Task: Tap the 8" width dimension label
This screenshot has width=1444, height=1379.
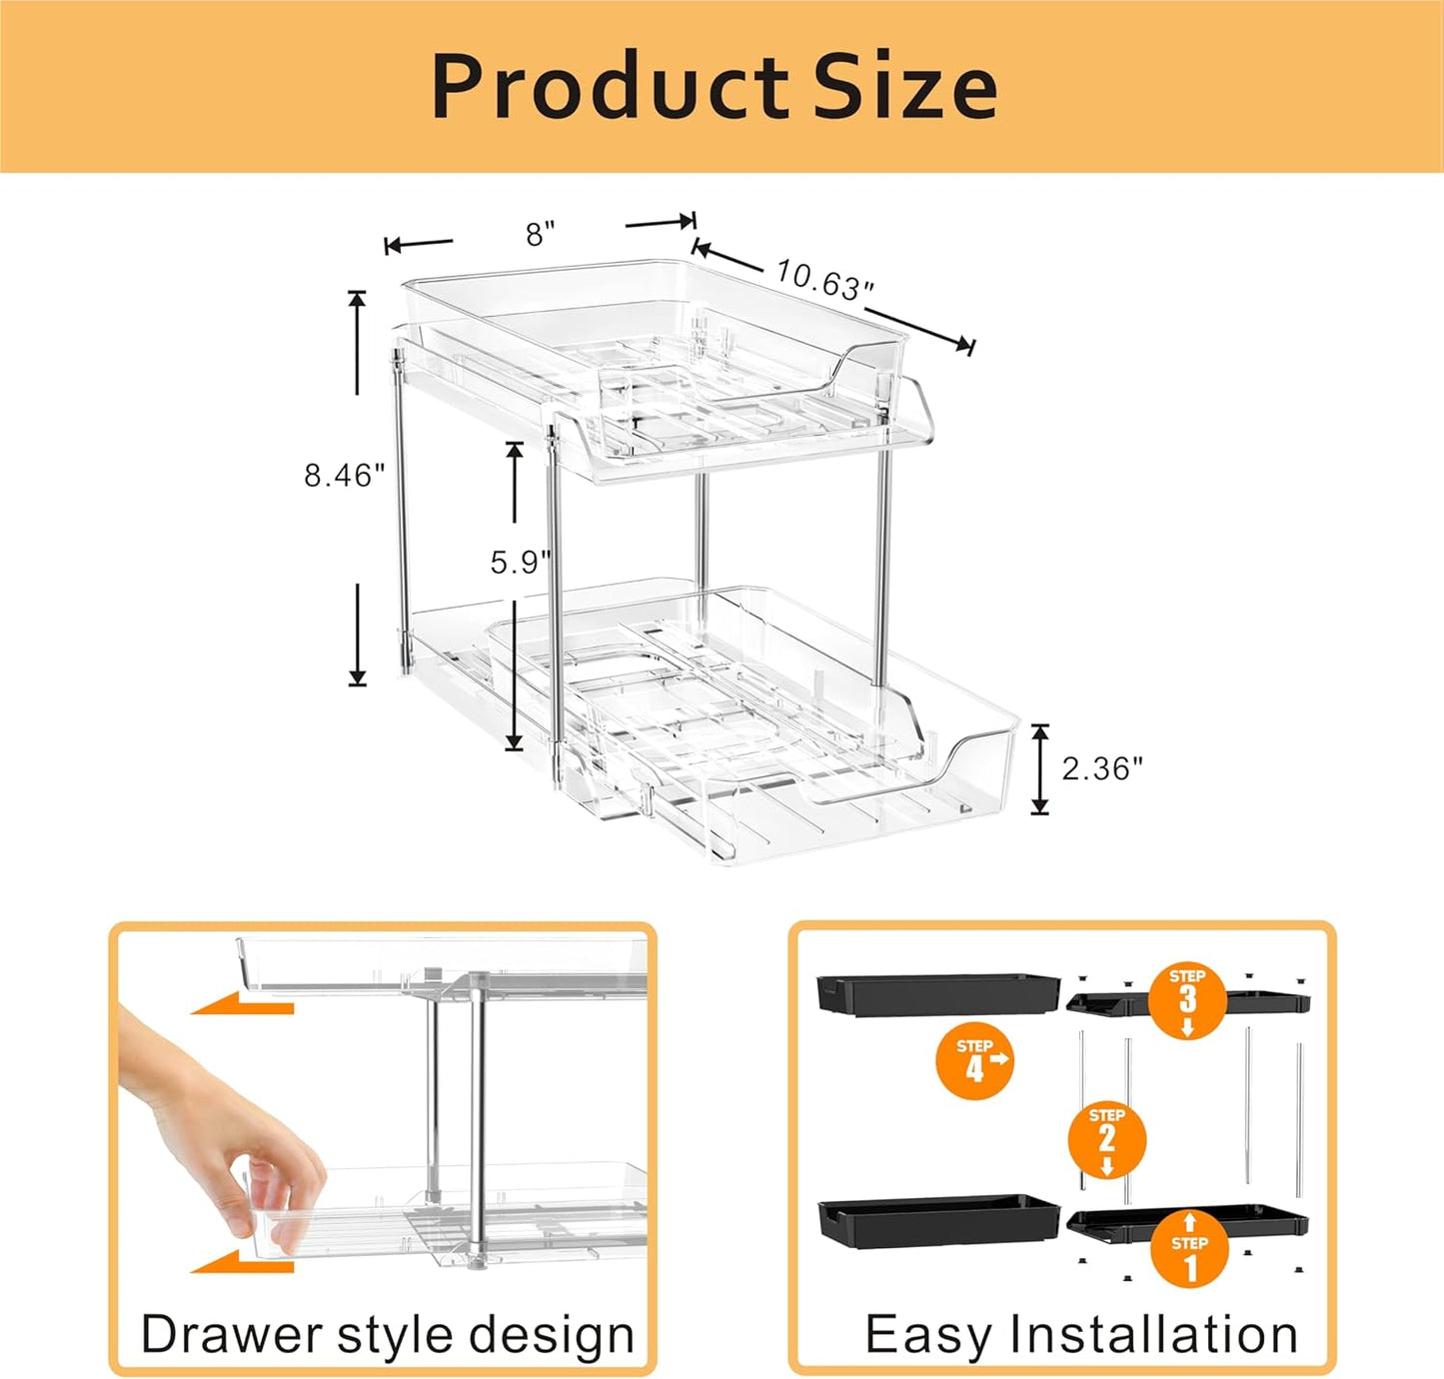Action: coord(541,234)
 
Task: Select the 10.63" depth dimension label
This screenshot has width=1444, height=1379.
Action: coord(824,281)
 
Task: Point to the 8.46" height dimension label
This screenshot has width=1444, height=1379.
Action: coord(344,475)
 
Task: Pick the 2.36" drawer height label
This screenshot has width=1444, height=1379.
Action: coord(1101,768)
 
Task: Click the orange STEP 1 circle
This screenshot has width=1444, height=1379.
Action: coord(1189,1247)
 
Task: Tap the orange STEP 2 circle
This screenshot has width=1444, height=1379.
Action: coord(1106,1139)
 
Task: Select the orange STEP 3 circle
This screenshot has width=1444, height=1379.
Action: coord(1187,999)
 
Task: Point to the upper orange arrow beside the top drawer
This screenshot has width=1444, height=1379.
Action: coord(243,1002)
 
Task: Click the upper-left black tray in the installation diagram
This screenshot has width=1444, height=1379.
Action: coord(937,993)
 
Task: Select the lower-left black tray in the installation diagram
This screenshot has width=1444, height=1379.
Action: coord(937,1220)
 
